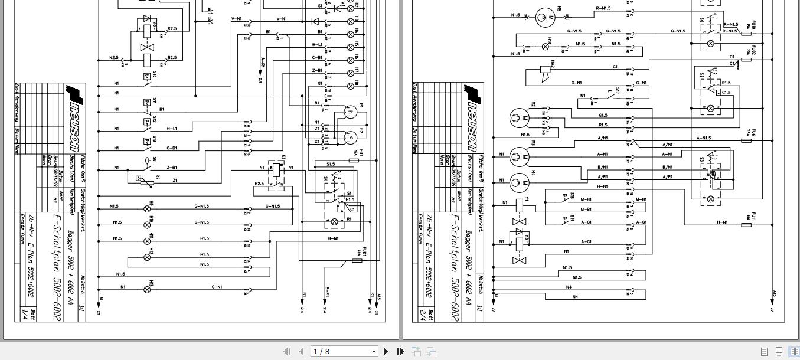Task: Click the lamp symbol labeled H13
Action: click(148, 289)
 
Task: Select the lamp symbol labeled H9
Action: click(148, 209)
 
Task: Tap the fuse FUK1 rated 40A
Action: click(357, 260)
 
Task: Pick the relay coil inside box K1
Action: click(276, 169)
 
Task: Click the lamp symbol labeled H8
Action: click(350, 86)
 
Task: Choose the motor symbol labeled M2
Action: click(518, 117)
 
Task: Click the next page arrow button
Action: click(386, 351)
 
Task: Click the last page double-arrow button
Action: click(400, 351)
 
